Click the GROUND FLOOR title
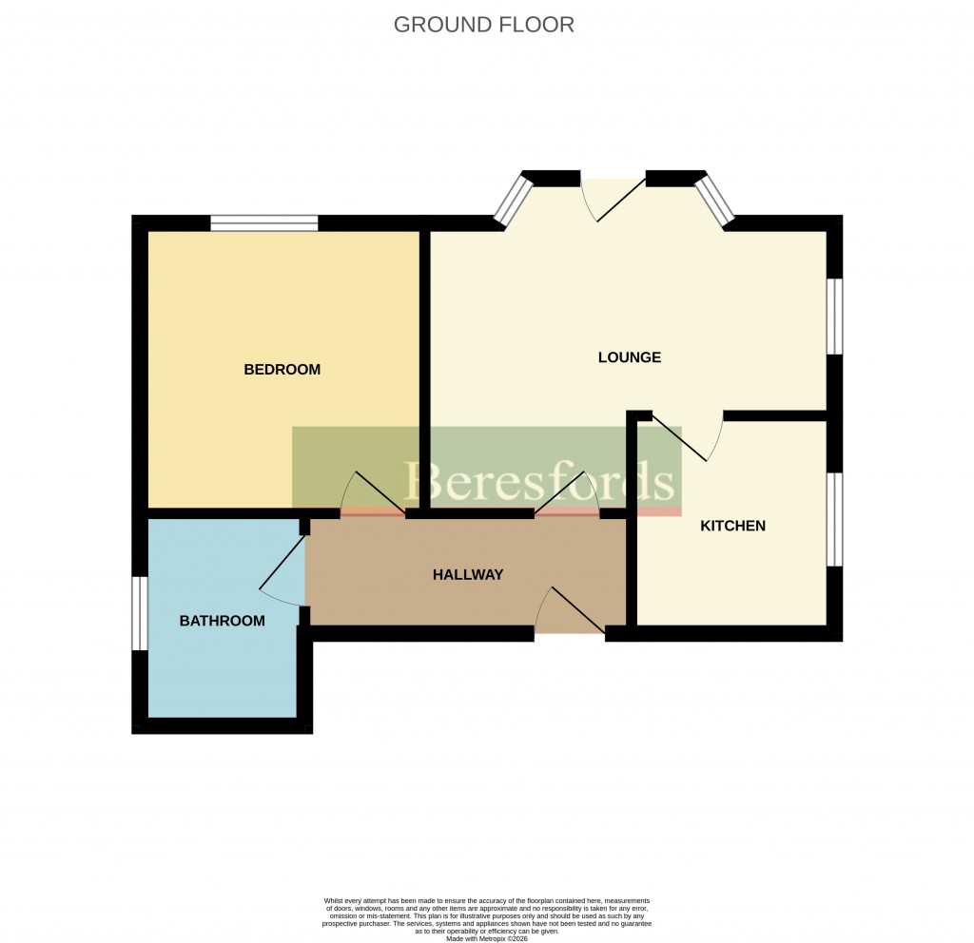click(x=484, y=25)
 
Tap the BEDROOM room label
click(x=282, y=370)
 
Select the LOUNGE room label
click(x=629, y=357)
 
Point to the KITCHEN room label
click(x=732, y=526)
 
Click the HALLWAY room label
click(x=467, y=574)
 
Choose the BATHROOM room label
click(x=222, y=621)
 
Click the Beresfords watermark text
click(x=539, y=481)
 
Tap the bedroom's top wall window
click(x=264, y=223)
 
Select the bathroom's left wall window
click(x=139, y=613)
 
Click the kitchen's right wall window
click(x=834, y=519)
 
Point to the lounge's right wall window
click(x=834, y=316)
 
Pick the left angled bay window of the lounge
click(x=514, y=200)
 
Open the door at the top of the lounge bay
click(x=614, y=198)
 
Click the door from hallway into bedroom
click(x=374, y=493)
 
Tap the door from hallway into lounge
click(x=567, y=494)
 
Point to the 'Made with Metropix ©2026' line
click(x=486, y=938)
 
